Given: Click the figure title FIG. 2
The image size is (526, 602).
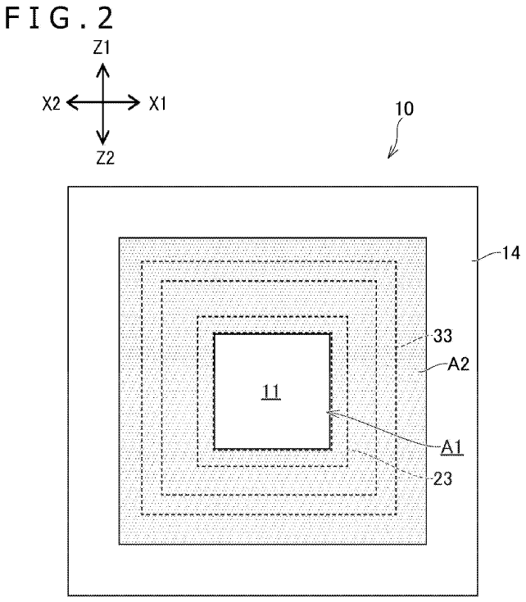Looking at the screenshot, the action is point(59,18).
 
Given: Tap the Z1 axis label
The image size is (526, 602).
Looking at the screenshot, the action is point(102,48).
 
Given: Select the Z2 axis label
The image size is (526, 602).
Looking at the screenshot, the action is point(105,158).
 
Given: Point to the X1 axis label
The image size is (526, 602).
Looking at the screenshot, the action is point(158,104).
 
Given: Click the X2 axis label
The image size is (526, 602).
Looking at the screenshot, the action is point(51,104).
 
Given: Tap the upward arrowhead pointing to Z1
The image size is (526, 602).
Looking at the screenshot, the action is point(102,70).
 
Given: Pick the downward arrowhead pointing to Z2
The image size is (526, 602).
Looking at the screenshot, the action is point(102,137).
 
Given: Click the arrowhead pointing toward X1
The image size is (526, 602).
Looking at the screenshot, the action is point(134,102).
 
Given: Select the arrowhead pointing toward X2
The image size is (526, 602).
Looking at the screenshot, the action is point(73,102).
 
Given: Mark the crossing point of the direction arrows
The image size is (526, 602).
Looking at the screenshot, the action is point(102,102).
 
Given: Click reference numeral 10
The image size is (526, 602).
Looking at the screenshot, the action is point(405,109).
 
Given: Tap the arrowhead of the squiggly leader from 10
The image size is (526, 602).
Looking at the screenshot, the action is point(391,154).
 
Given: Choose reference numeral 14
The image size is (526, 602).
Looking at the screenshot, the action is point(510,253).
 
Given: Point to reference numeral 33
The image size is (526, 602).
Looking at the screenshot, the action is point(442,336).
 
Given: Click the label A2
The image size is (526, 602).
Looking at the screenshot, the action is point(459,364).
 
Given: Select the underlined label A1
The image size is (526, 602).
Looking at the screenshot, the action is point(452,448).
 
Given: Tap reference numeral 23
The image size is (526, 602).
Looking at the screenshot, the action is point(442,479).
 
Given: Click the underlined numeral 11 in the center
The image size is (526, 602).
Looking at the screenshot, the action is point(271,392).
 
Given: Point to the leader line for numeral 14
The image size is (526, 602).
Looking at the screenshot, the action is point(487,256).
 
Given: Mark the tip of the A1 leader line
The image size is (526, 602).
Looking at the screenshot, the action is point(326,412).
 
